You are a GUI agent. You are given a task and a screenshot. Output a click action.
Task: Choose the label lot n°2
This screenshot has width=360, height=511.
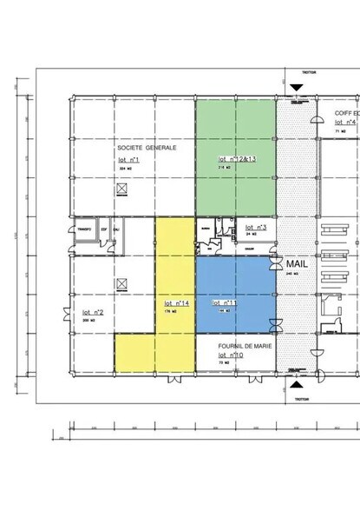(x=93, y=312)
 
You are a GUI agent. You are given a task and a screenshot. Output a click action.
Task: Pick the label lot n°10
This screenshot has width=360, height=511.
(x=232, y=355)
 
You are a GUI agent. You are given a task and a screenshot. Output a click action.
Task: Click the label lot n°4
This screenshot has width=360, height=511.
(x=345, y=123)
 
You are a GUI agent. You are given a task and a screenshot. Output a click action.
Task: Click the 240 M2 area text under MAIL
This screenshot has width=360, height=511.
(x=291, y=273)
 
